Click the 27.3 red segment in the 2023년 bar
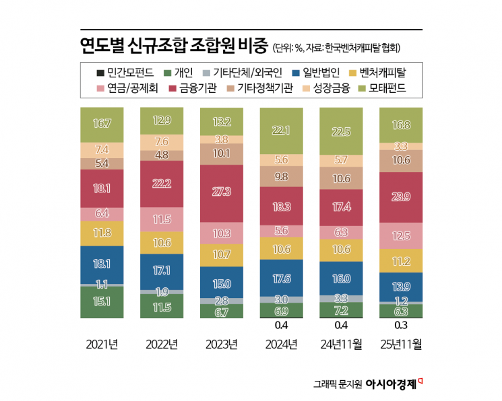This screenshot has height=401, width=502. pyautogui.click(x=221, y=192)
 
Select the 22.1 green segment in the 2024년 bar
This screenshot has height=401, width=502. pyautogui.click(x=281, y=130)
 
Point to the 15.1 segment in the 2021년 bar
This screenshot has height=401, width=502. pyautogui.click(x=101, y=301)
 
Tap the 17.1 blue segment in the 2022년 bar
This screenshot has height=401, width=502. pyautogui.click(x=161, y=270)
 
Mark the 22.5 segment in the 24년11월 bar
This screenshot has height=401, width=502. pyautogui.click(x=341, y=131)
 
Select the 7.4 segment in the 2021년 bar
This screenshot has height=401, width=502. pyautogui.click(x=101, y=149)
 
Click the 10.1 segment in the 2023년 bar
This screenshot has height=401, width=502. pyautogui.click(x=221, y=153)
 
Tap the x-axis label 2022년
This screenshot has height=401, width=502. pyautogui.click(x=161, y=344)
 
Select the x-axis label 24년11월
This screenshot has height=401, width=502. pyautogui.click(x=341, y=344)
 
